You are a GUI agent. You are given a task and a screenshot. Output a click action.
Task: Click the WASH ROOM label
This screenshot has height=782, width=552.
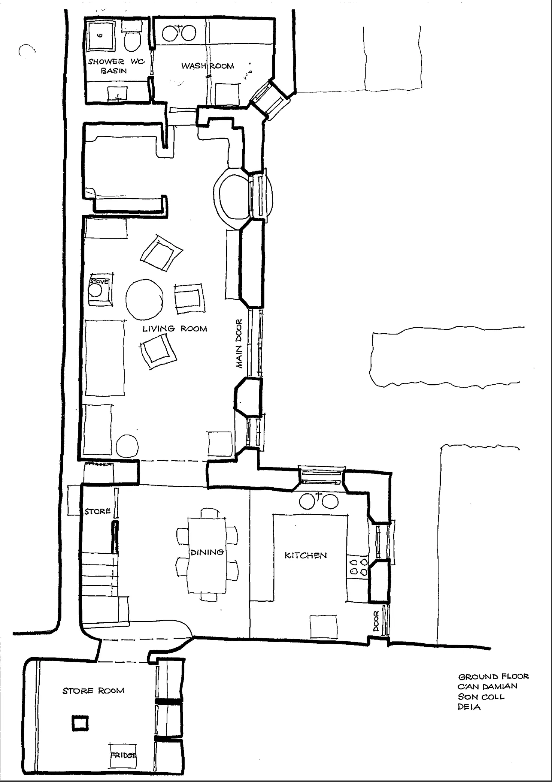pos(207,66)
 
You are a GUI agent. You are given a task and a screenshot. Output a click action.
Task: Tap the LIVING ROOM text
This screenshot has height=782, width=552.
pos(175,329)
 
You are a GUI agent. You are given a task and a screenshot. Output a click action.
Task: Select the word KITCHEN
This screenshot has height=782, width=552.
pos(306,556)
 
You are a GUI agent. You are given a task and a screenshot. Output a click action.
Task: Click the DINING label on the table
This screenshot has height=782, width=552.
pos(207,552)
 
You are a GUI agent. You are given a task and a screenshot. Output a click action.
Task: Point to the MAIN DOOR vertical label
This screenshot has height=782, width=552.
pos(239,343)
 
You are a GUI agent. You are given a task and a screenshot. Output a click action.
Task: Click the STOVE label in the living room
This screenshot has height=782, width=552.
pos(99,282)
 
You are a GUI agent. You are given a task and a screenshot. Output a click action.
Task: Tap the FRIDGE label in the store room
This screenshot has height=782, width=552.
pos(123,755)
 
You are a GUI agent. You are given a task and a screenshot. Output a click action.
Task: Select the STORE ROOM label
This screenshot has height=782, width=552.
pos(93,691)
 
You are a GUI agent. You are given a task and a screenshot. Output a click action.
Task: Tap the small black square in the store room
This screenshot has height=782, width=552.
pos(80,723)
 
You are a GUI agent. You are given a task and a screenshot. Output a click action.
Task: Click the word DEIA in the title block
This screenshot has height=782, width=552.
pos(469,707)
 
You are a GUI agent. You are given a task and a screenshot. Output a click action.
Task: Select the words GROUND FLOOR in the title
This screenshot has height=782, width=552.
pos(493,677)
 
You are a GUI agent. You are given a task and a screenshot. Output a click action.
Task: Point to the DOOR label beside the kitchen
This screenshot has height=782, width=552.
pos(376,620)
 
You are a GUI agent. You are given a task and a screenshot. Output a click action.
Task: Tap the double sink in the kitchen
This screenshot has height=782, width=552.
pos(319,501)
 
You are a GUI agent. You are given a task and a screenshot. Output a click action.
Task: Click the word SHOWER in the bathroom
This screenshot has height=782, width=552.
pos(106,61)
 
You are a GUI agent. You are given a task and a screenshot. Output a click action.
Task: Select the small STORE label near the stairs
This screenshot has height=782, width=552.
pos(97,511)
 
